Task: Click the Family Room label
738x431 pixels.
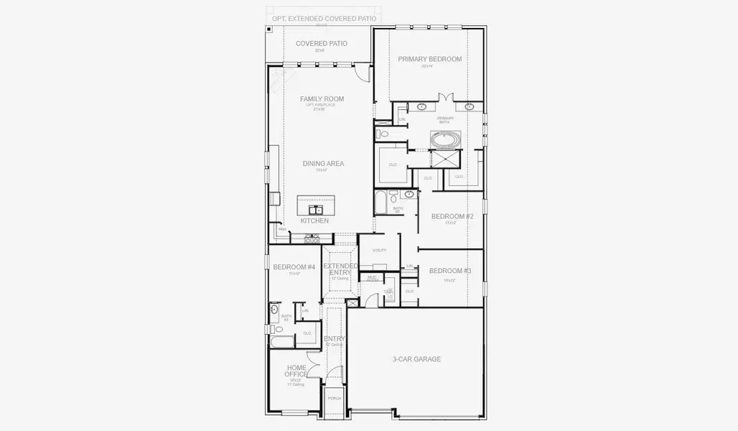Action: tap(323, 99)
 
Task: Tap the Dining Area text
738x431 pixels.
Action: tap(323, 164)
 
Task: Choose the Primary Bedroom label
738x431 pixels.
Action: tap(430, 59)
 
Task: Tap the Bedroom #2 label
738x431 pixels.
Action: tap(452, 216)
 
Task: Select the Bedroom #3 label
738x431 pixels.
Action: tap(450, 271)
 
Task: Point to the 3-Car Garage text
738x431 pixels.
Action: tap(416, 359)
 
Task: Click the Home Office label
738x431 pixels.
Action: tap(296, 371)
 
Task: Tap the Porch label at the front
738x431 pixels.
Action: tap(334, 398)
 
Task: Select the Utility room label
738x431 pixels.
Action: tap(380, 250)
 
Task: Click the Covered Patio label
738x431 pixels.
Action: tap(321, 44)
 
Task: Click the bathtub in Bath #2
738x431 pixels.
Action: tap(380, 202)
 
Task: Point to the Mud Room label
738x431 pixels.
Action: tap(373, 278)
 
